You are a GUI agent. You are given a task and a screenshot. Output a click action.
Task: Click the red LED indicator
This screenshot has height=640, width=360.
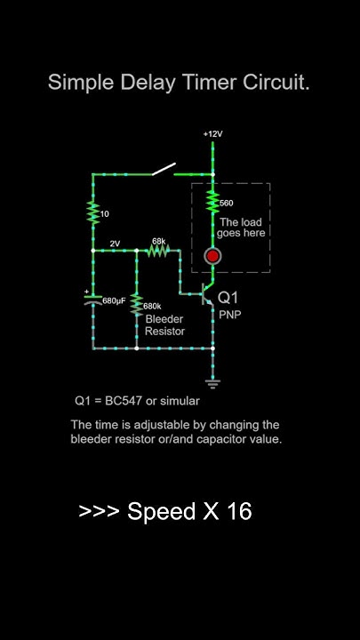point(212,256)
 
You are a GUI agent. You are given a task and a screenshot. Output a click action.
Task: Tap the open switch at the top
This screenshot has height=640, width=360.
point(164,169)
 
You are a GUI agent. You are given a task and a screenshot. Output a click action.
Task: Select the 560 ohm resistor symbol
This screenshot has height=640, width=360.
point(212,201)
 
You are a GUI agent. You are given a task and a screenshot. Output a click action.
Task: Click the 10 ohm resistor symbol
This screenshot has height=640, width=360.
point(93,212)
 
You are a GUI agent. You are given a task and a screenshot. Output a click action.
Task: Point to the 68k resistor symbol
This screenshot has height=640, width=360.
point(158,251)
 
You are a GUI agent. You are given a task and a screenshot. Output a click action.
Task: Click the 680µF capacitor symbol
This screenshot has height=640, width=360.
point(93,300)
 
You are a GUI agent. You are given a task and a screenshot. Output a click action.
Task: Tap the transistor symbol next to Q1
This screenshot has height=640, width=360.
point(206,294)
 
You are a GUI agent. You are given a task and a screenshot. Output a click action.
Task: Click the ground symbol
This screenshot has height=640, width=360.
point(212,383)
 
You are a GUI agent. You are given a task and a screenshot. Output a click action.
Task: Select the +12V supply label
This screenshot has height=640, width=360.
point(213,134)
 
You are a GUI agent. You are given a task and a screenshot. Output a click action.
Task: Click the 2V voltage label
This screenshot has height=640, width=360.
point(115,244)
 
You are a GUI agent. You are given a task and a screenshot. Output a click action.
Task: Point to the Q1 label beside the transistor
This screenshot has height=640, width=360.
point(228,298)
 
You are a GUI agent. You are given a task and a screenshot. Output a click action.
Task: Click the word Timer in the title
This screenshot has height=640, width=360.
point(210,83)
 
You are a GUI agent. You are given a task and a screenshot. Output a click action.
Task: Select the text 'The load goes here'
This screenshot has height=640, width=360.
point(241,228)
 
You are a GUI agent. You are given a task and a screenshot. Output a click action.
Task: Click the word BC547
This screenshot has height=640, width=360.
point(124,401)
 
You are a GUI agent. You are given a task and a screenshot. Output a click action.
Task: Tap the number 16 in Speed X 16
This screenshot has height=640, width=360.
point(238,511)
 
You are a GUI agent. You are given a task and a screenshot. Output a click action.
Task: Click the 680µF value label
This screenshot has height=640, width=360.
point(114,300)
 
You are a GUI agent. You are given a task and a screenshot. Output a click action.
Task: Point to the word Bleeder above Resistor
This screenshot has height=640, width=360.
point(164,319)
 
